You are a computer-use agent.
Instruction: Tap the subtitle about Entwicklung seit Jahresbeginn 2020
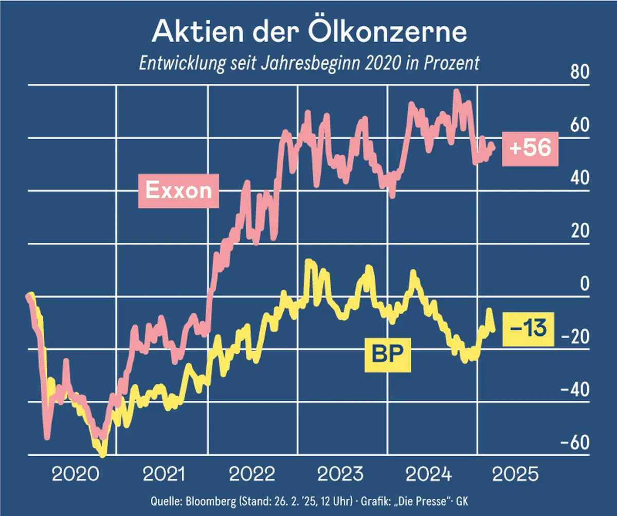(x=309, y=63)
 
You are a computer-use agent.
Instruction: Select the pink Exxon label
(x=178, y=190)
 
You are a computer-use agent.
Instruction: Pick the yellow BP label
(x=388, y=354)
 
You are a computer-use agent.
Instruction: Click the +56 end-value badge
(x=530, y=148)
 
